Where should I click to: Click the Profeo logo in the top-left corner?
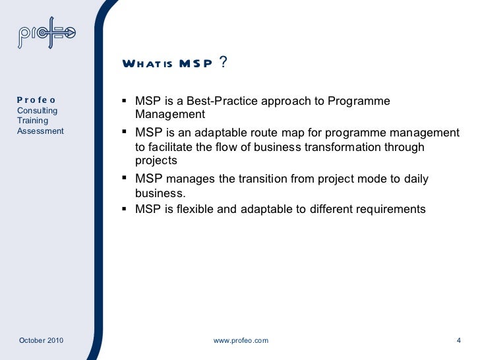[x=47, y=37]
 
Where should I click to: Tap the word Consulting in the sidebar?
[x=37, y=111]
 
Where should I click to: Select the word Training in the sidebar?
[x=32, y=121]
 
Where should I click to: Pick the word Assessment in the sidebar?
[x=40, y=131]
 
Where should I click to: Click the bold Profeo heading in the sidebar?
[x=36, y=100]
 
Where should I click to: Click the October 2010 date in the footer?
[x=41, y=340]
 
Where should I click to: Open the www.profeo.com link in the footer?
[x=241, y=340]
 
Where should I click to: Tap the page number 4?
[x=458, y=340]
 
